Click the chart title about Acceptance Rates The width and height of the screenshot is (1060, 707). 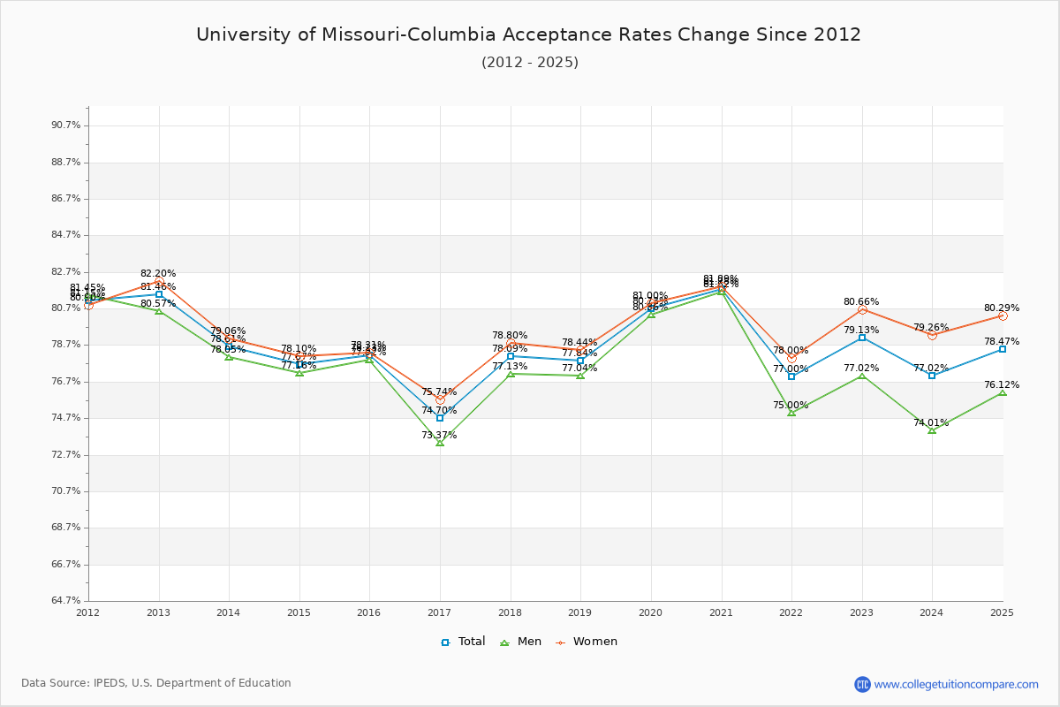528,34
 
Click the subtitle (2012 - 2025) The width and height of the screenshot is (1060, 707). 529,63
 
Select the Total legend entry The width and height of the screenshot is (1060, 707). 464,642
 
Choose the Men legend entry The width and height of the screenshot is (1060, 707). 522,642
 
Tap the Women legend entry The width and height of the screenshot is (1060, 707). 587,642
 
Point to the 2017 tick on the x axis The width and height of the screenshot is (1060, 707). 440,612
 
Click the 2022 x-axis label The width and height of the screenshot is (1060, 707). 791,612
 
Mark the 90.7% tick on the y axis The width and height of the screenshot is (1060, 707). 66,125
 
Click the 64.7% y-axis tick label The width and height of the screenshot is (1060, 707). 66,601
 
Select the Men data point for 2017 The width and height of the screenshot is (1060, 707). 440,443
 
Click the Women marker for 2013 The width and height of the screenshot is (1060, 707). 159,281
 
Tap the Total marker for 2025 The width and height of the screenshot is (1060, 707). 1003,349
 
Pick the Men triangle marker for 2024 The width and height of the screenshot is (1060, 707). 932,430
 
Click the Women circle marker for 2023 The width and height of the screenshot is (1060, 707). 862,309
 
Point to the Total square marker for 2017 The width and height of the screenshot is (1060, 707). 440,418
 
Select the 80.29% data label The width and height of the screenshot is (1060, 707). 1002,308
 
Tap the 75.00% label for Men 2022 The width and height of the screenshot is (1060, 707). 791,406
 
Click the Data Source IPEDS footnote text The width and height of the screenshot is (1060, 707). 156,683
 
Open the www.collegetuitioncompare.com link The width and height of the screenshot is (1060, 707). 956,684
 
